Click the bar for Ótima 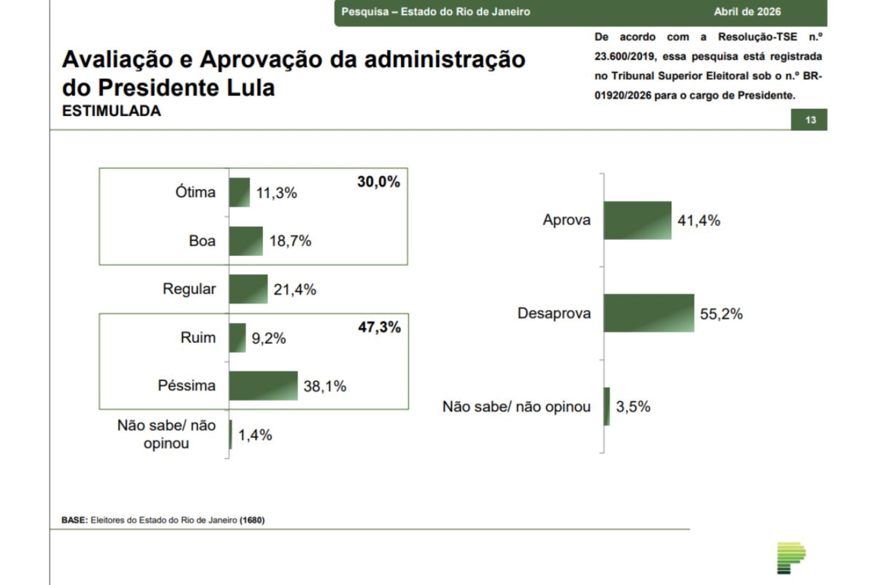click(239, 192)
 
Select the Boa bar click(246, 241)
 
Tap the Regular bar click(248, 289)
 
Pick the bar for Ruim click(237, 337)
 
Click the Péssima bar click(263, 386)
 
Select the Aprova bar click(637, 220)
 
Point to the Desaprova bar click(648, 313)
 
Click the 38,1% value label click(325, 387)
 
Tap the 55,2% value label click(721, 314)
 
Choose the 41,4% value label click(699, 221)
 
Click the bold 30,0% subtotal click(379, 182)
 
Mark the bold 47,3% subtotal click(379, 327)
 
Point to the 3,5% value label click(633, 407)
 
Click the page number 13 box click(810, 120)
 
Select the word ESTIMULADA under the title click(112, 111)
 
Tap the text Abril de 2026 click(747, 12)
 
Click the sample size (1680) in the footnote click(252, 520)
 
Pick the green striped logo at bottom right click(790, 557)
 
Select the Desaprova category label click(554, 313)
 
